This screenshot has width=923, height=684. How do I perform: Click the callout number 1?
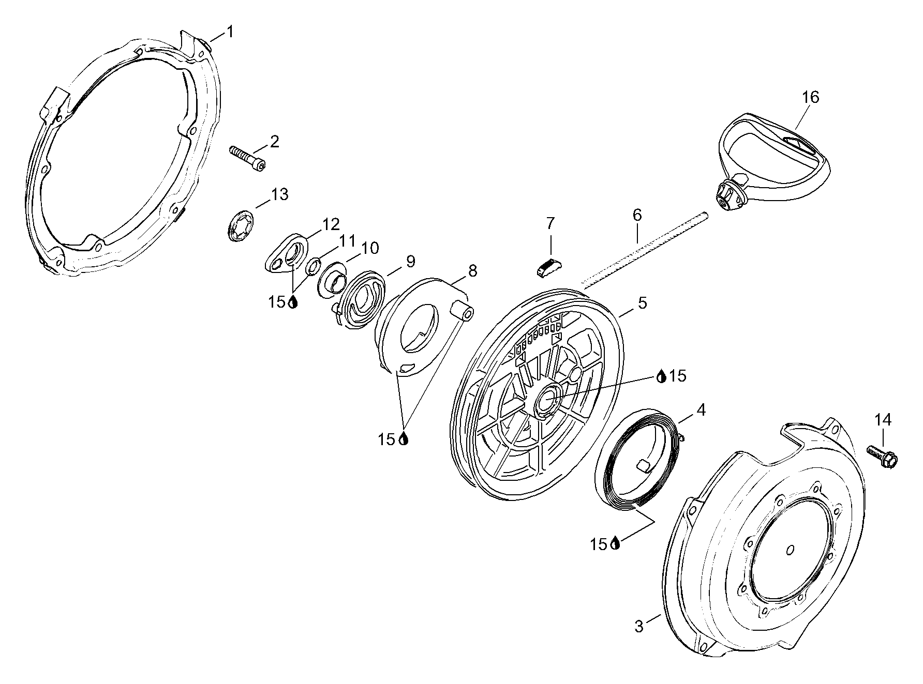(x=230, y=32)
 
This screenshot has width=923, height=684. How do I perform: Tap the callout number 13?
(x=279, y=195)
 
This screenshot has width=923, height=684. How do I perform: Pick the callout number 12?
(x=331, y=224)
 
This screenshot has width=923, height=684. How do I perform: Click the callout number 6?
(x=637, y=215)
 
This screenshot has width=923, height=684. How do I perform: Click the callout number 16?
(x=811, y=97)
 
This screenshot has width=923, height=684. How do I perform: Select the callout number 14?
(x=883, y=420)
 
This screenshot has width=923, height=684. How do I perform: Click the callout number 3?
(x=639, y=627)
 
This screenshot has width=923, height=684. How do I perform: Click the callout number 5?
(x=642, y=303)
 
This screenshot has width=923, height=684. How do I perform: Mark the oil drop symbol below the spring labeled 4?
(x=615, y=543)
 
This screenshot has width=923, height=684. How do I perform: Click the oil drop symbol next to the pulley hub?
(x=661, y=376)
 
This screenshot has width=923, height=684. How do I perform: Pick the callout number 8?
(x=472, y=270)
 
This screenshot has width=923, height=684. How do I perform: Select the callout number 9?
(x=410, y=262)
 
